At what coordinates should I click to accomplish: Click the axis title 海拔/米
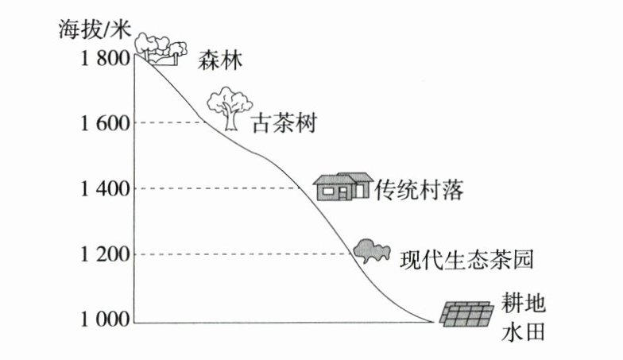click(x=94, y=29)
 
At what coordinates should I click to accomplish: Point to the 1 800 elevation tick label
click(x=105, y=59)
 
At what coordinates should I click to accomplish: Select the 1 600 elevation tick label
click(x=105, y=123)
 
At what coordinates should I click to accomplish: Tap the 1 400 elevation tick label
click(x=105, y=189)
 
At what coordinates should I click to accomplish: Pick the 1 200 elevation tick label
click(x=105, y=255)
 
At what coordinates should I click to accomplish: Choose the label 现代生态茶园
click(x=463, y=259)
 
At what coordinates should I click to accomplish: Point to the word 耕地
click(x=524, y=304)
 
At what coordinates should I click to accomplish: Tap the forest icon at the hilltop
click(x=161, y=48)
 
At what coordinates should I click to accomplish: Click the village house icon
click(x=342, y=186)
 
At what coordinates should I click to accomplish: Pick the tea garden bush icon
click(x=371, y=251)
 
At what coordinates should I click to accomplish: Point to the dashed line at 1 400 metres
click(x=222, y=188)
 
